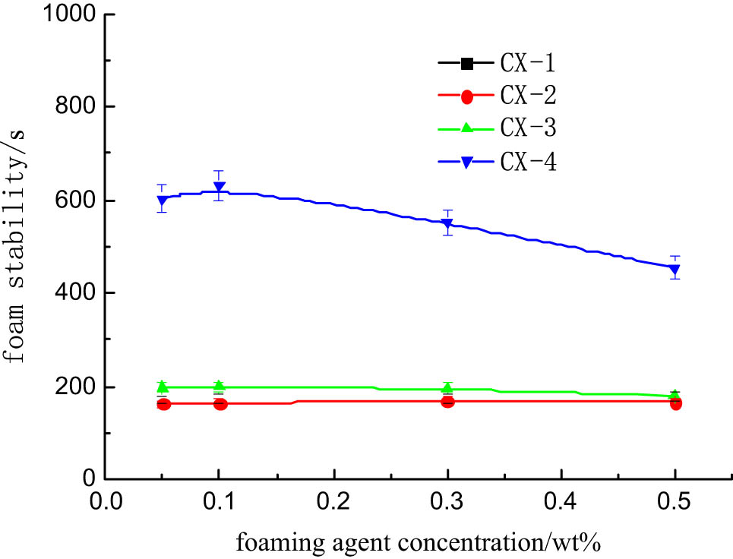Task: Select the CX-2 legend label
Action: tap(527, 96)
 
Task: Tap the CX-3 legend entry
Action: tap(527, 128)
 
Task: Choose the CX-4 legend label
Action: tap(527, 162)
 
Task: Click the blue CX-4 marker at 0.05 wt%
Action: tap(162, 201)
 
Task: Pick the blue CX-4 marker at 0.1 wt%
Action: tap(219, 187)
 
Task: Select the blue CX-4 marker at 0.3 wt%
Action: tap(447, 224)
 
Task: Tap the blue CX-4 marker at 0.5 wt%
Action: tap(675, 270)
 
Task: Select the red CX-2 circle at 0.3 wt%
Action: tap(447, 401)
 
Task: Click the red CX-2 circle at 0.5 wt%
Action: tap(675, 403)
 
